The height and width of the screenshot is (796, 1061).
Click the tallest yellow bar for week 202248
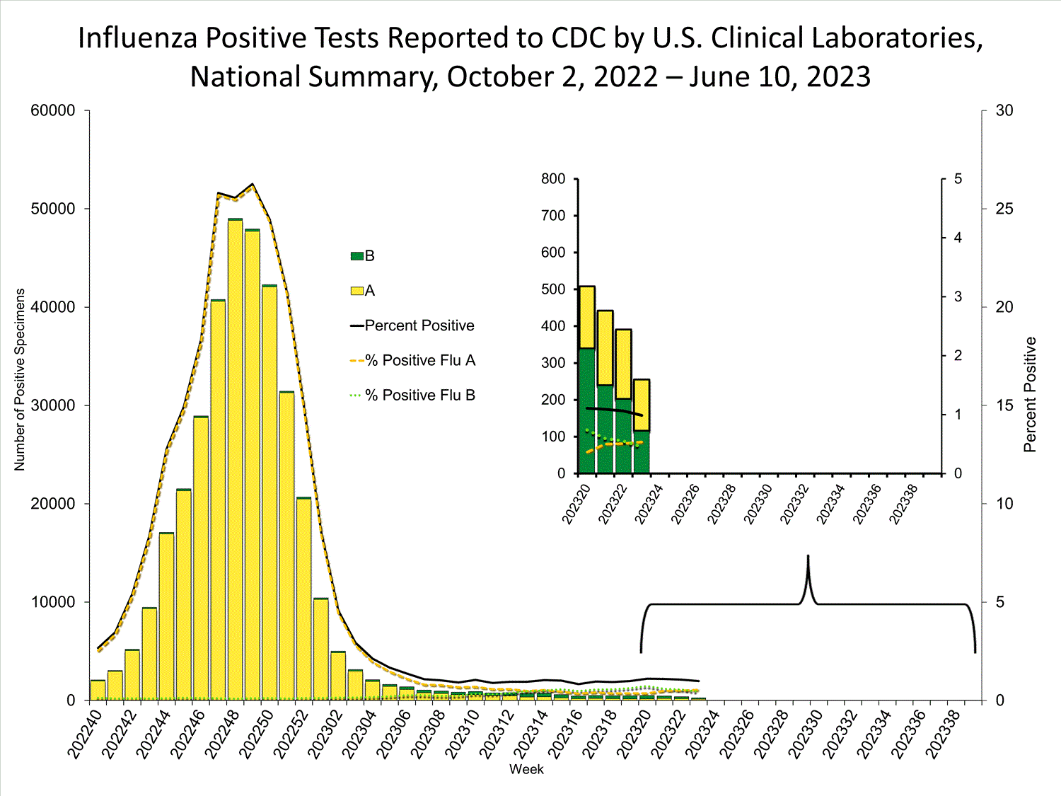235,460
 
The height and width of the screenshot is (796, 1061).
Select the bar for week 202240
98,690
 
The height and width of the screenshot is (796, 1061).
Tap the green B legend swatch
357,256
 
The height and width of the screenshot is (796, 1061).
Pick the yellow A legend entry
363,291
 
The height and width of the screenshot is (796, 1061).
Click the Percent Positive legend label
419,325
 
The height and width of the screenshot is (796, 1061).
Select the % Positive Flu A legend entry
420,360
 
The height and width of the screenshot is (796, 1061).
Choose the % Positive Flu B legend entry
420,395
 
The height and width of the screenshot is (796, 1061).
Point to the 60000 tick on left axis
53,110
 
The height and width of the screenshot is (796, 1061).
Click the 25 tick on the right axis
1004,209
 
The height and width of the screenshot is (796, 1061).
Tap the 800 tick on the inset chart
553,179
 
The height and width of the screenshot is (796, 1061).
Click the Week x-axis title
526,769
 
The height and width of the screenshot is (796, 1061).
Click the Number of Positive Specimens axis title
20,379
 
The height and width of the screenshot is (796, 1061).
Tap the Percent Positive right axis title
1030,394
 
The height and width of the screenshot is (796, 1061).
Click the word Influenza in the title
137,38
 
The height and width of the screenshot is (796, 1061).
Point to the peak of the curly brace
808,559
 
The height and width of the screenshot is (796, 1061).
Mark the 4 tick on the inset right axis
958,238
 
